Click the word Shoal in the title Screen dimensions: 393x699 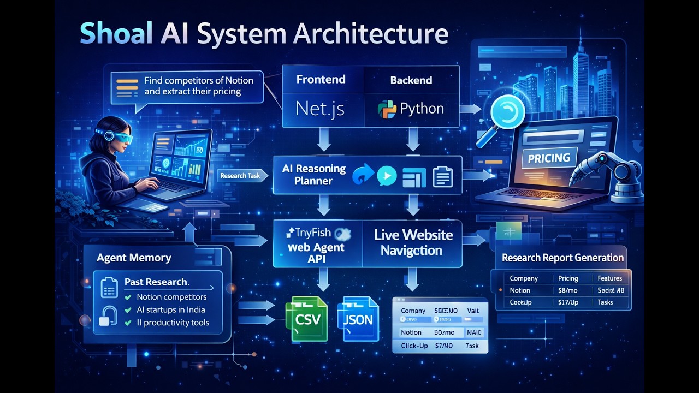pos(116,34)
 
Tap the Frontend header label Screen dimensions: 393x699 pos(321,80)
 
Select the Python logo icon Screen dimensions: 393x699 pos(387,109)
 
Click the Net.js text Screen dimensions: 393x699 pos(320,109)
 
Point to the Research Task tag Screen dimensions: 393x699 pos(241,176)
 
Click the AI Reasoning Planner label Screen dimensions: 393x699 pos(313,175)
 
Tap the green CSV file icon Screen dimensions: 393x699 pos(306,319)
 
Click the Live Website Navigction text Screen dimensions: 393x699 pos(413,243)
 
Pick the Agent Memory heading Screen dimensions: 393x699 pos(134,258)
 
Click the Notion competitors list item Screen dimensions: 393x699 pos(171,297)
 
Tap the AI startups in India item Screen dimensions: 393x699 pos(171,310)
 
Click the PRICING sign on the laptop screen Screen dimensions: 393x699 pos(549,158)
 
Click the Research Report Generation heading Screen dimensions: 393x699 pos(562,258)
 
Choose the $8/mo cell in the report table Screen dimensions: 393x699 pos(568,291)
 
